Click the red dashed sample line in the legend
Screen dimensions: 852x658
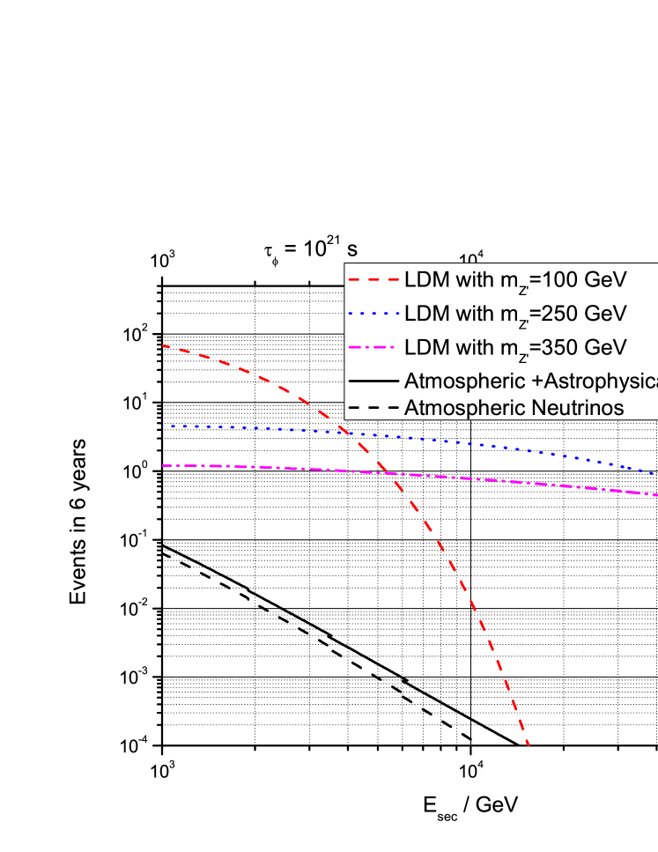pyautogui.click(x=373, y=281)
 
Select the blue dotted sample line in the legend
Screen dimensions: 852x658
pyautogui.click(x=373, y=314)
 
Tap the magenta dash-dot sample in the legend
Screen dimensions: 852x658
pyautogui.click(x=373, y=347)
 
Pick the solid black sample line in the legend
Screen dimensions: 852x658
pyautogui.click(x=373, y=381)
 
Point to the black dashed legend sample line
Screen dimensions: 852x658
pyautogui.click(x=373, y=408)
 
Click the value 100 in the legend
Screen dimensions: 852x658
pyautogui.click(x=561, y=280)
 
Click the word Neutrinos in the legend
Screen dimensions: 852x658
pyautogui.click(x=583, y=408)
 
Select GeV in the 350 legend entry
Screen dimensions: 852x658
pyautogui.click(x=609, y=347)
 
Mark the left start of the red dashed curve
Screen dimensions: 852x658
pyautogui.click(x=164, y=346)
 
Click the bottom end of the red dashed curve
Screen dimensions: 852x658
pyautogui.click(x=529, y=745)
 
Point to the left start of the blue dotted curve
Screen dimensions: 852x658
pyautogui.click(x=164, y=426)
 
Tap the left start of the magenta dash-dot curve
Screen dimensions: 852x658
pyautogui.click(x=164, y=465)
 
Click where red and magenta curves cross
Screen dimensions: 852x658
pyautogui.click(x=388, y=474)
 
